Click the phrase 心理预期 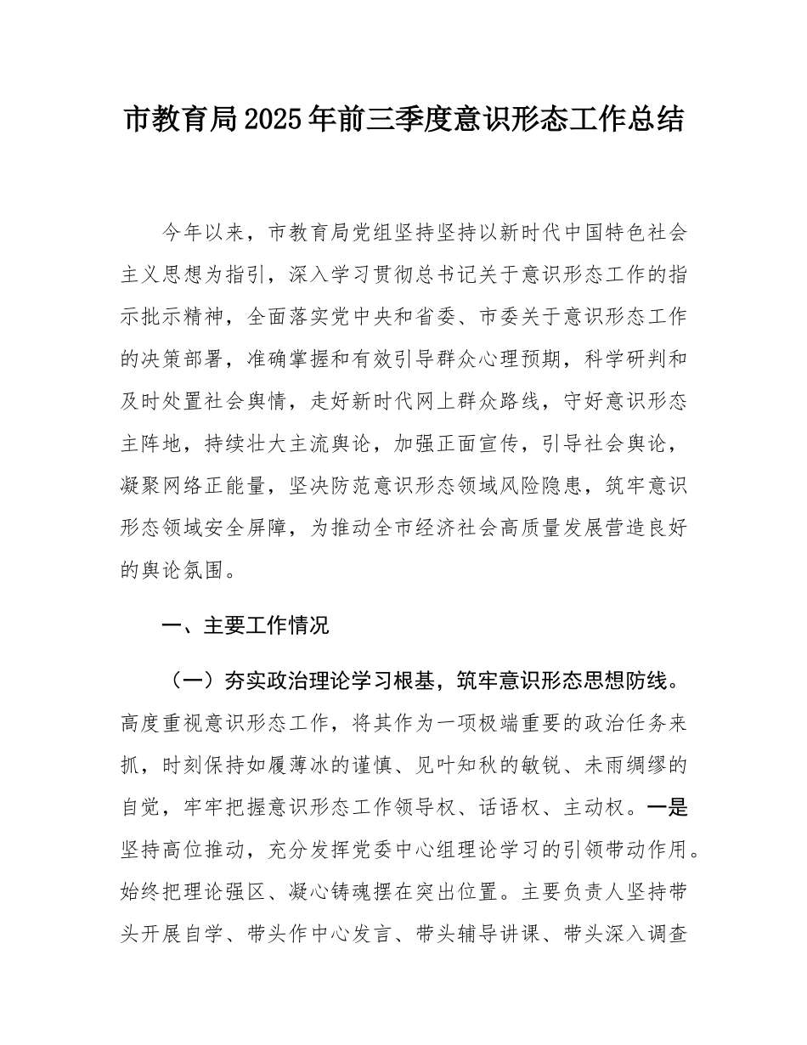coord(509,359)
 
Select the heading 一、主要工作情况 coord(245,627)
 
